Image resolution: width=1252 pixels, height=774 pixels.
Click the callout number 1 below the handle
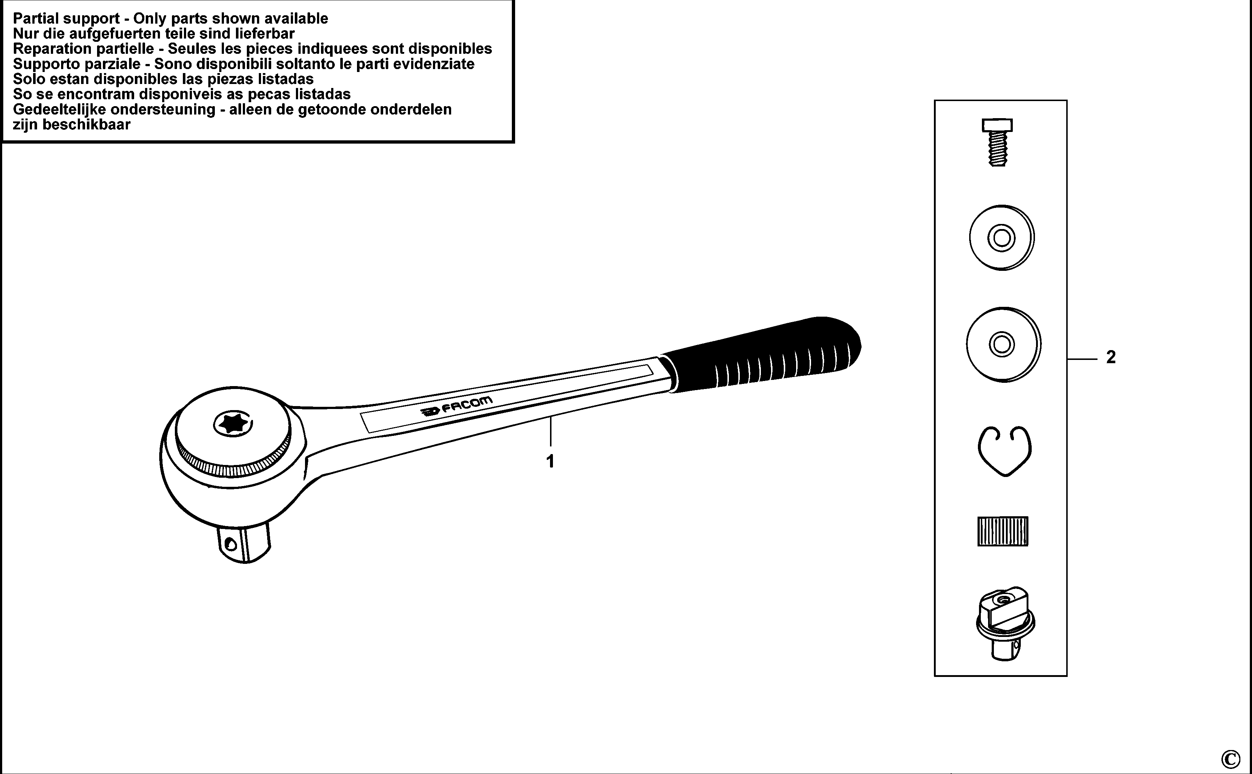tap(550, 461)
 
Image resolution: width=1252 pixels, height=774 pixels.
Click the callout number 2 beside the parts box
tap(1111, 357)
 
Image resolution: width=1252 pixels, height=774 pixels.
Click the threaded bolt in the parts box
tap(997, 142)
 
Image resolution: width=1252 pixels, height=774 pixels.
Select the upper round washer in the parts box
tap(1002, 238)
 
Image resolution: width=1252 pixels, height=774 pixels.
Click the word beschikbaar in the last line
tap(87, 124)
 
